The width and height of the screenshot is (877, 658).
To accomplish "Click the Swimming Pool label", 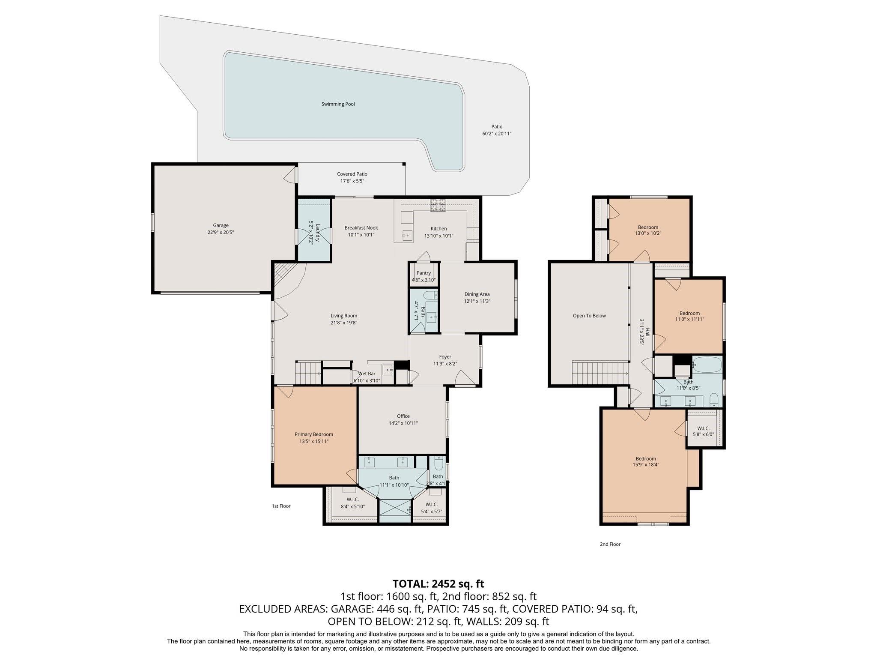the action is coord(338,104).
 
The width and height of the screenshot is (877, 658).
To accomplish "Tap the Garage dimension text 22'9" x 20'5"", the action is coord(221,232).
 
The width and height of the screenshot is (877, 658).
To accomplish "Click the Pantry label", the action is coord(424,273).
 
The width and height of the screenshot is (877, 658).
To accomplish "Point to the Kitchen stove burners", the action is coord(438,205).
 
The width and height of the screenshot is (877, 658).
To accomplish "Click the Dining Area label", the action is coord(477,294).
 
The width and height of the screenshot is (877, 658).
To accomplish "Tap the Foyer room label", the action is coord(445,357).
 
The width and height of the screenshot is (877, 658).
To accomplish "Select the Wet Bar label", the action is coord(367,374).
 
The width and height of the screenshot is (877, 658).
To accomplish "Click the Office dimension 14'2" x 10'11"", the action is coord(403,423).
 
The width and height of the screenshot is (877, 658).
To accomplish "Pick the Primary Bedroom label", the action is coord(314,434).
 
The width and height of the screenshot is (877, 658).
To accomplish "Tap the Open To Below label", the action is coord(589,316).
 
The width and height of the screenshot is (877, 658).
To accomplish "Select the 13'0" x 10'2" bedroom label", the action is coord(648,227).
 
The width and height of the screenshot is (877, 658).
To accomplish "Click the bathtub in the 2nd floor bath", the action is coord(707,365).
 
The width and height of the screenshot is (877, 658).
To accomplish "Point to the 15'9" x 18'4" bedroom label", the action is coord(646,459).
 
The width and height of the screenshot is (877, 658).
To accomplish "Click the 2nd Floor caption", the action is coord(610,544).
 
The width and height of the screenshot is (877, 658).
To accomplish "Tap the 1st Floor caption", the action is coord(281,506).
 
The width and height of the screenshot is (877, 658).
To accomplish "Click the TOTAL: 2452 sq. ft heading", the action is coord(438,584).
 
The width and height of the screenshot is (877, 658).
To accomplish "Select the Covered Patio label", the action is coord(352,174).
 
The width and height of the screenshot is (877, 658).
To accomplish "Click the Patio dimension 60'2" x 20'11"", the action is coord(497,134).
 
